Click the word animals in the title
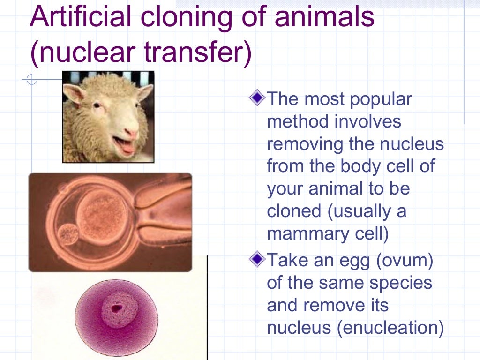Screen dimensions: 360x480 pyautogui.click(x=323, y=18)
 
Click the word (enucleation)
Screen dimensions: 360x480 pyautogui.click(x=389, y=328)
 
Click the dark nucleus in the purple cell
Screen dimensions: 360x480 pyautogui.click(x=115, y=308)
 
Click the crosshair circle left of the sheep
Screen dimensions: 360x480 pyautogui.click(x=32, y=80)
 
